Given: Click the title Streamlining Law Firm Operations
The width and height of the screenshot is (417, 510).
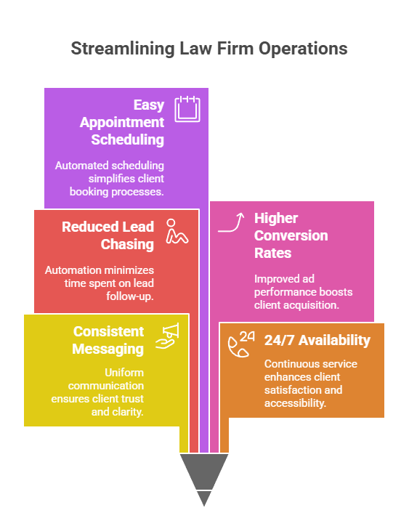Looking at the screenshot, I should [x=208, y=49].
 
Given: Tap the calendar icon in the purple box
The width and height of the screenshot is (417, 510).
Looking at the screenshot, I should [x=187, y=108].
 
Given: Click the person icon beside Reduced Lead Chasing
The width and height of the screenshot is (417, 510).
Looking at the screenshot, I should [x=177, y=231].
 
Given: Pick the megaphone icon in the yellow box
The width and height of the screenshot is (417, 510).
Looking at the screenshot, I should [x=166, y=334].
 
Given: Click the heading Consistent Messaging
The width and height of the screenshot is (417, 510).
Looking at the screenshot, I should [x=108, y=340].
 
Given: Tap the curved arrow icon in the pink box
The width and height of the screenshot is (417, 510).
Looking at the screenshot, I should [x=232, y=222].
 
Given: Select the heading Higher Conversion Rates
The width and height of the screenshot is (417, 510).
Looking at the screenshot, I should [x=291, y=235].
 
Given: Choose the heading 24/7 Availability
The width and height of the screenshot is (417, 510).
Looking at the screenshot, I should [x=317, y=340].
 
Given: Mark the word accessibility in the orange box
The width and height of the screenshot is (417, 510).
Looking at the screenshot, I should [x=297, y=403].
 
